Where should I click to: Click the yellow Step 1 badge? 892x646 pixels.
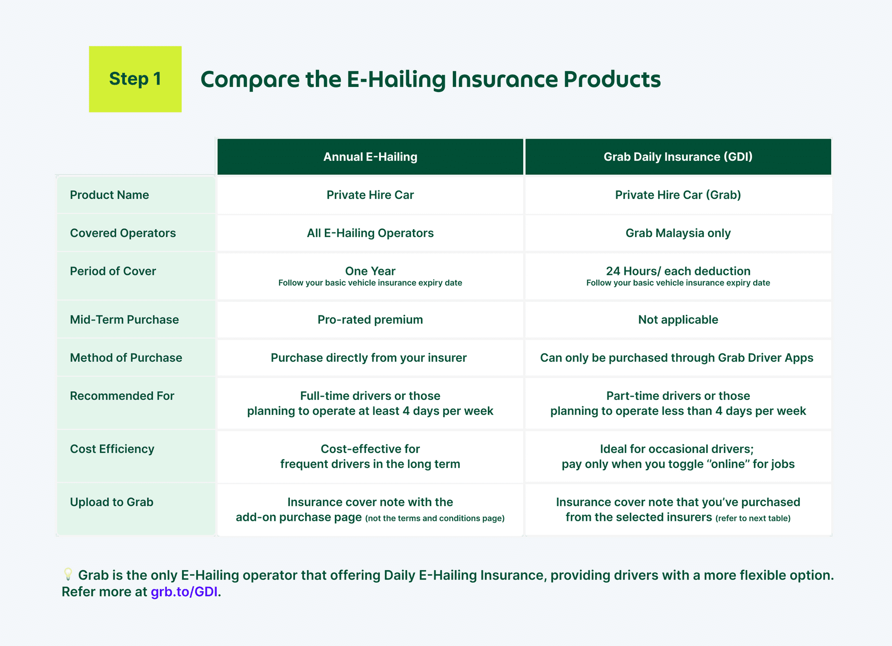pos(135,79)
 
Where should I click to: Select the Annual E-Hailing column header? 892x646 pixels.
pos(370,157)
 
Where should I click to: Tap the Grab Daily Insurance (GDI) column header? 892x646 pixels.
pos(678,157)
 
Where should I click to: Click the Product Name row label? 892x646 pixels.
pos(110,195)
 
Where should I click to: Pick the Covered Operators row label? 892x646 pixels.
pos(123,233)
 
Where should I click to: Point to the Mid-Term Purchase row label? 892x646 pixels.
pos(125,320)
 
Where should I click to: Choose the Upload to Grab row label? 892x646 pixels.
pos(111,502)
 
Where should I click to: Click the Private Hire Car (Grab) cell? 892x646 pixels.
pos(678,195)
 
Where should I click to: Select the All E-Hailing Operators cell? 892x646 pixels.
pos(370,233)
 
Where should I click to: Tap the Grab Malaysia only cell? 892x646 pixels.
pos(678,233)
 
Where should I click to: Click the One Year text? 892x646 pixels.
pos(370,271)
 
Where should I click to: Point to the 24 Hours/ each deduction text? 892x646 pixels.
pos(678,271)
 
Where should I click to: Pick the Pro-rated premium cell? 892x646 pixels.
pos(370,320)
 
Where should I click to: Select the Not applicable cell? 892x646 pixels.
pos(678,320)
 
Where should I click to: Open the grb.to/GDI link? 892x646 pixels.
pos(184,592)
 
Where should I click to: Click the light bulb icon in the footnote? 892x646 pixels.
pos(68,574)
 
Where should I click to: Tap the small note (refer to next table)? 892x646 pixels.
pos(753,518)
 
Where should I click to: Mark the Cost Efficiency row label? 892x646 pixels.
pos(112,449)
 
